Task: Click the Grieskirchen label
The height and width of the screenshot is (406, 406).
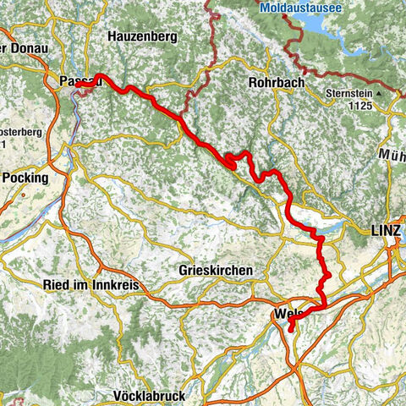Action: pyautogui.click(x=214, y=271)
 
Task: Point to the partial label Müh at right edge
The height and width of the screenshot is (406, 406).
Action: pyautogui.click(x=394, y=155)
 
